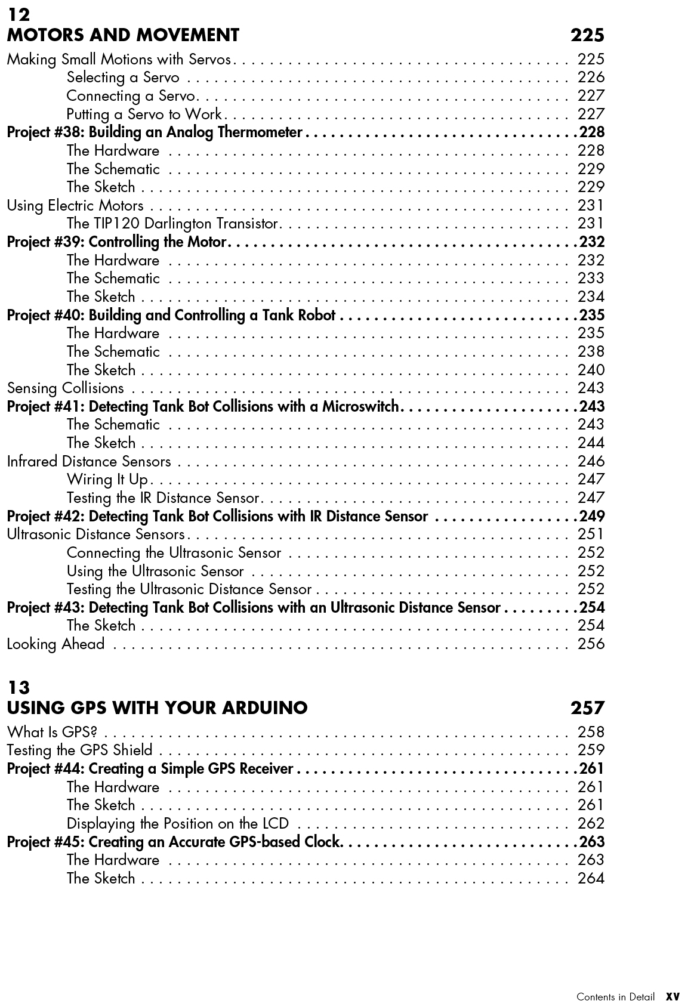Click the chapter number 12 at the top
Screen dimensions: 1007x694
point(18,15)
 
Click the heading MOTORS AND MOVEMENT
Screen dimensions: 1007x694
point(123,35)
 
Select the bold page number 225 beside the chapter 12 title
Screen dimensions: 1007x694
point(587,35)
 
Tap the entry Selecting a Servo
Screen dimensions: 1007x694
point(123,78)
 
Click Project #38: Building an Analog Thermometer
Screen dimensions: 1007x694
point(155,132)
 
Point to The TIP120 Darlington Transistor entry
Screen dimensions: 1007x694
point(172,224)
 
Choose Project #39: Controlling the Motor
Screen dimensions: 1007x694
point(117,242)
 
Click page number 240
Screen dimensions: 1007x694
point(591,370)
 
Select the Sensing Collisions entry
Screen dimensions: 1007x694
point(66,388)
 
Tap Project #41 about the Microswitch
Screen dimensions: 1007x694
point(203,407)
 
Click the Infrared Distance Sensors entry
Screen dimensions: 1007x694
point(89,462)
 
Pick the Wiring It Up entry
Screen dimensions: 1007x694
point(107,480)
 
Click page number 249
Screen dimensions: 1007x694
point(591,516)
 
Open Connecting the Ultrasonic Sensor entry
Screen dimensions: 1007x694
point(174,553)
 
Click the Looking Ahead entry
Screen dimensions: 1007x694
point(56,644)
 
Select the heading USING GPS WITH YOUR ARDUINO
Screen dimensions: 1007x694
point(158,708)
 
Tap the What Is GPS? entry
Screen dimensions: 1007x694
point(52,732)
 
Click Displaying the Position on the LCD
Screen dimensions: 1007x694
point(178,824)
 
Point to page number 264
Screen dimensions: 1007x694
point(591,878)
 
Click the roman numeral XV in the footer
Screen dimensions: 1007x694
point(673,997)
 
